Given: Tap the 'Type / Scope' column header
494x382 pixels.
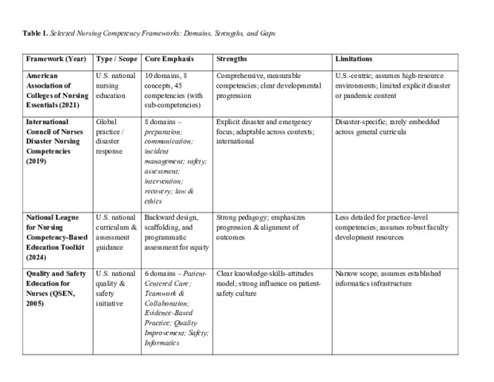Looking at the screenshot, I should click(116, 60).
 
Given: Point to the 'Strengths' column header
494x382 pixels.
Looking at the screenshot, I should click(233, 60).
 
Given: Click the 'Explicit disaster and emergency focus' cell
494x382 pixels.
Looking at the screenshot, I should click(264, 131).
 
